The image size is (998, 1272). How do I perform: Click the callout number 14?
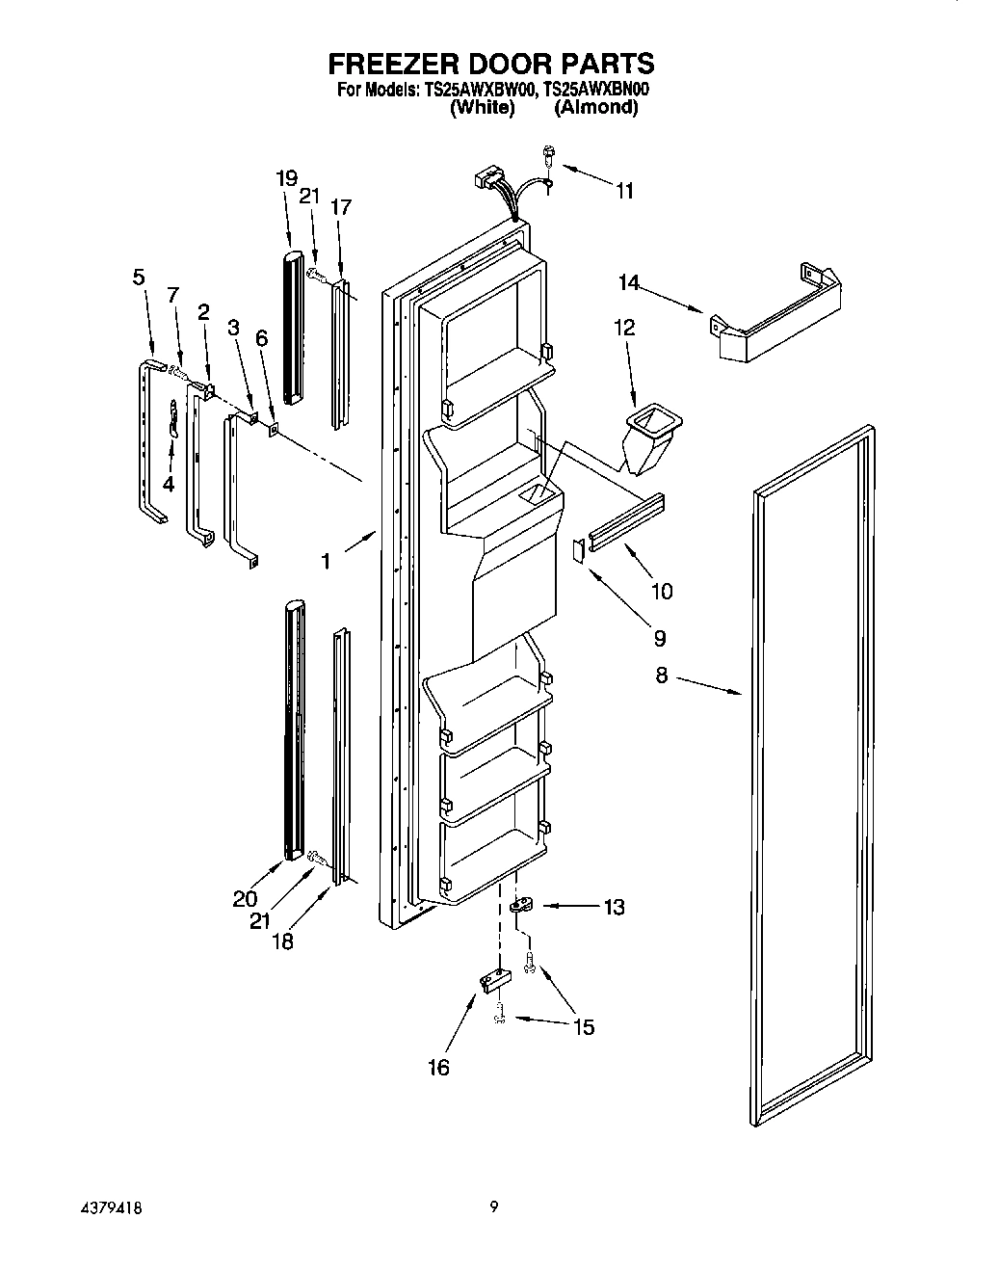click(628, 283)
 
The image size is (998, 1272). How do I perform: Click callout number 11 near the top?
click(624, 191)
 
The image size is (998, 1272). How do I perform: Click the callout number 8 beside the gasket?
click(661, 676)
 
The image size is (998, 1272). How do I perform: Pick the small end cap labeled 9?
click(578, 549)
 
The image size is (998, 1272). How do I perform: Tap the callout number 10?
click(662, 591)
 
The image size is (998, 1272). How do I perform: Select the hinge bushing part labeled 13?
click(521, 906)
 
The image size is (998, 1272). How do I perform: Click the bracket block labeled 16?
click(493, 983)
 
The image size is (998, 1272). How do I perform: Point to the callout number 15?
click(584, 1027)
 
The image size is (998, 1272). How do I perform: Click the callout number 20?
click(245, 899)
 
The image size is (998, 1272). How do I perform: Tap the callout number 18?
click(281, 941)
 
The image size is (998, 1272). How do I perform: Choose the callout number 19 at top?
click(285, 178)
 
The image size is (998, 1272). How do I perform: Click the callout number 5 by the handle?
click(139, 278)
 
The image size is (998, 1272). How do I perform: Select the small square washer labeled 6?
click(274, 430)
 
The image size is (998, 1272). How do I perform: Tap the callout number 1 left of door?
click(326, 560)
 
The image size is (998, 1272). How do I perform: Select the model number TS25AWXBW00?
click(476, 90)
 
